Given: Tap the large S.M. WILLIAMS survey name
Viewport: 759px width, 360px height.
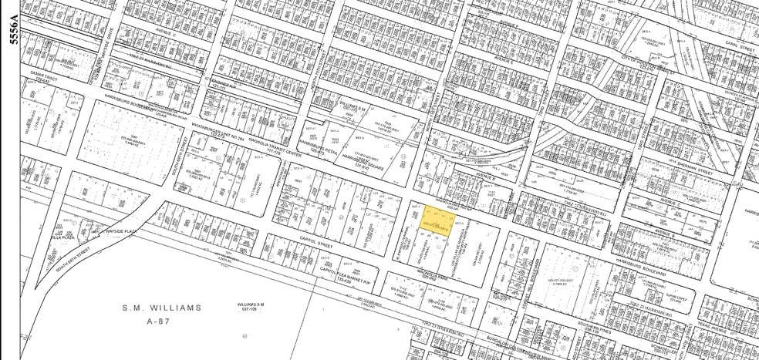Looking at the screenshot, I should click(x=163, y=307).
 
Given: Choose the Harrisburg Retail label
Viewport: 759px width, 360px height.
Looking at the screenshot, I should click(x=318, y=146).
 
